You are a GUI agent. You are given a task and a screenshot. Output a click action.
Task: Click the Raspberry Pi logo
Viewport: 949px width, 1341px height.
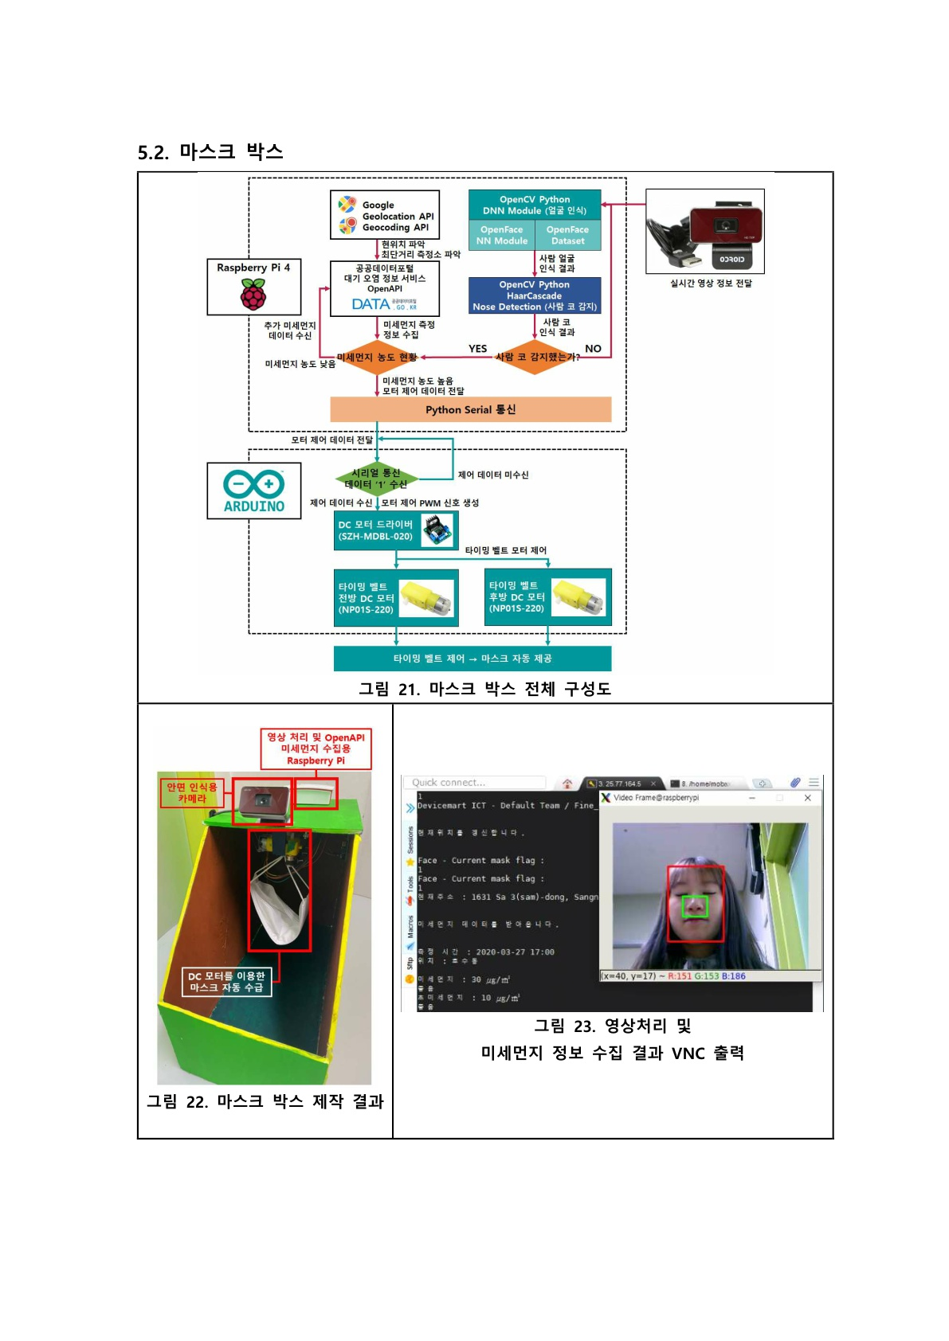[253, 295]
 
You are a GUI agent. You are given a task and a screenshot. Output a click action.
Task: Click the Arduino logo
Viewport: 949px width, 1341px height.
[253, 490]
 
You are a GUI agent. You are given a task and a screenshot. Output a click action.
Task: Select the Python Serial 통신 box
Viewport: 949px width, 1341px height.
[470, 409]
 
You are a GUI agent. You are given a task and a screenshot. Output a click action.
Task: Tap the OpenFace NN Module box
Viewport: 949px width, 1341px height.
[501, 235]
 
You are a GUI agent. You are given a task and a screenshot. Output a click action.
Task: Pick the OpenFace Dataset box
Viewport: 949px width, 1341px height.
[567, 235]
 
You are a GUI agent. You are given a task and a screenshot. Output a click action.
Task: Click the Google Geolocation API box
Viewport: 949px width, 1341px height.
[385, 215]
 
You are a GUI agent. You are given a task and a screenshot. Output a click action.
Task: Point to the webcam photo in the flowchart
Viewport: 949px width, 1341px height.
[704, 231]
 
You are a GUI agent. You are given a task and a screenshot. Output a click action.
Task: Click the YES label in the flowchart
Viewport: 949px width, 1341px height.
[477, 349]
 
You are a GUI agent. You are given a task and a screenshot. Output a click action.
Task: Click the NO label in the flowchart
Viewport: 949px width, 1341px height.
[593, 349]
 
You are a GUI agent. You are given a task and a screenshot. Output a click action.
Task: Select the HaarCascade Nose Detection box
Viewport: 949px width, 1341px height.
[534, 295]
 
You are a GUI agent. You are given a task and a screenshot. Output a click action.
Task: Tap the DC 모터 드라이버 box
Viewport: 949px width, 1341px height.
[396, 530]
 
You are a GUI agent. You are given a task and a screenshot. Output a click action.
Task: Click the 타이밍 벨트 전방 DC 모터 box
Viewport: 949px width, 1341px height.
[396, 598]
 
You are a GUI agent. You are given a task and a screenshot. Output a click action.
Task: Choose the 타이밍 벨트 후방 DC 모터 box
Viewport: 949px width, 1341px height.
[547, 596]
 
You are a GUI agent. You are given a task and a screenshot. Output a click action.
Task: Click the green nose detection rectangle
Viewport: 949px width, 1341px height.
[695, 905]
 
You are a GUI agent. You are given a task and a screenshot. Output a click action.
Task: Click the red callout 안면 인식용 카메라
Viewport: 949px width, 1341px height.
[191, 792]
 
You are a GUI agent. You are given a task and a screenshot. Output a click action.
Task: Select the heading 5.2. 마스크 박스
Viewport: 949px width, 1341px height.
[210, 152]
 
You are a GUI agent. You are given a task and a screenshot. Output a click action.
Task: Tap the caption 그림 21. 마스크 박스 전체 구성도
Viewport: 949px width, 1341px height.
[484, 689]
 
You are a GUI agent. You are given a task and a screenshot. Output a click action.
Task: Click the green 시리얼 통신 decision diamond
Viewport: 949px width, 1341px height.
[376, 479]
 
